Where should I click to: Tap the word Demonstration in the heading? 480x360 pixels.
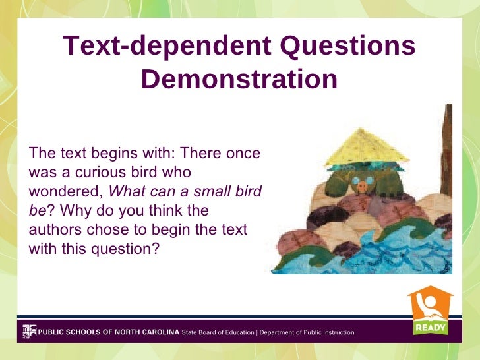click(x=239, y=80)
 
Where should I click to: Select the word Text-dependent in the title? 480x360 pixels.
click(x=167, y=47)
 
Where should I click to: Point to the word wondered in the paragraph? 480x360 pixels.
click(x=66, y=192)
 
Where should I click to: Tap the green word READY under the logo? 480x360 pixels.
click(x=431, y=327)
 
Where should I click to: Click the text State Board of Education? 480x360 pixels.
click(x=218, y=332)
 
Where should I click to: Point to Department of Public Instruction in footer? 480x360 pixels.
click(x=307, y=332)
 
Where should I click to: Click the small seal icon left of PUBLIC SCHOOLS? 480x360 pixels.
click(x=29, y=331)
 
